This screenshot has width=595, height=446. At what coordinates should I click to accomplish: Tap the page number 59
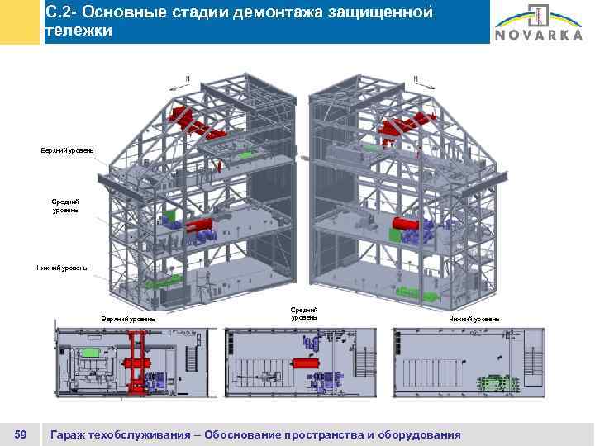click(21, 434)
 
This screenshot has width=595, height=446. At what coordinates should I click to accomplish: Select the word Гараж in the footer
click(69, 434)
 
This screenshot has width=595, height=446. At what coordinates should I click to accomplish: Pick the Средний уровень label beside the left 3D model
click(65, 206)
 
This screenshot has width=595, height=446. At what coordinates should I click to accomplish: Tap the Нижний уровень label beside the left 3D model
click(63, 267)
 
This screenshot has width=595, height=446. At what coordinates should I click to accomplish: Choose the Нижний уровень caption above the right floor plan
click(474, 318)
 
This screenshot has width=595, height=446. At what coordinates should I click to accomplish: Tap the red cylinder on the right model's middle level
click(407, 225)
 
